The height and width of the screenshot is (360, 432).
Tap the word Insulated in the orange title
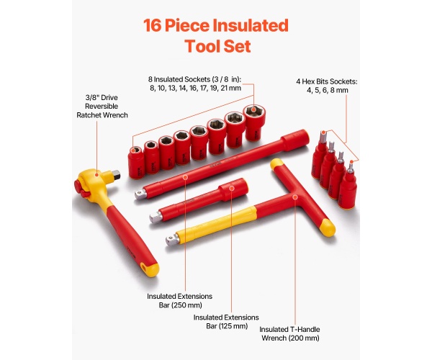251,25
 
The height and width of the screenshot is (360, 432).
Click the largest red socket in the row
255,122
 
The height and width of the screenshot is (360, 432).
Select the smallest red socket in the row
136,162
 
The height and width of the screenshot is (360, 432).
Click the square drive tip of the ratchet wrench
116,175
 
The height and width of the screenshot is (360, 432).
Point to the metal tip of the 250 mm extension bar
140,194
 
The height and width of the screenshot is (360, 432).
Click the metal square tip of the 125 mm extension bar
156,217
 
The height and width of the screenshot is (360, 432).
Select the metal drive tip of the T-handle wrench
172,240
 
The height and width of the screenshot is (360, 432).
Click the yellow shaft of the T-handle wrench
217,224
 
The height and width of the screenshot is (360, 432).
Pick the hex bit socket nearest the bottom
348,186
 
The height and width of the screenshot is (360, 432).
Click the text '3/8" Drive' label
102,97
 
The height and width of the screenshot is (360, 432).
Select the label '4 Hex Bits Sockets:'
327,81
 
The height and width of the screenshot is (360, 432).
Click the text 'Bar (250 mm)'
181,305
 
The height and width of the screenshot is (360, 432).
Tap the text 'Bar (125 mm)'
227,326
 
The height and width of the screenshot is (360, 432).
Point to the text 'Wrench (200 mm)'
290,338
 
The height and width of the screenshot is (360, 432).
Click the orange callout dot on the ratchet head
96,174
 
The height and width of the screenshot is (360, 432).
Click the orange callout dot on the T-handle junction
295,197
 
